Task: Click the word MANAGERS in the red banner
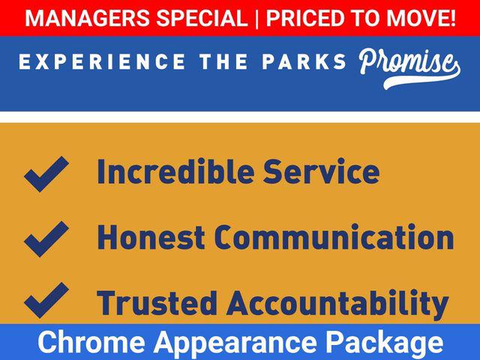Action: tap(88, 18)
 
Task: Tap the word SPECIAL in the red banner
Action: tap(202, 18)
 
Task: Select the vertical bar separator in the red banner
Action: tap(256, 18)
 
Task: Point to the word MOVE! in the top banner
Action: tap(421, 18)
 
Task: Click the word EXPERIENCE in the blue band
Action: tap(102, 61)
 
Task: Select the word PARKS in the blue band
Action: tap(304, 61)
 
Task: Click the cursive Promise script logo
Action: tap(409, 68)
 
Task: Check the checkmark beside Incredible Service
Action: tap(46, 174)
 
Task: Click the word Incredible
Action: tap(175, 172)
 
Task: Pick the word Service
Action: tap(322, 172)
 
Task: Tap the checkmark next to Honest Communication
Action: tap(46, 239)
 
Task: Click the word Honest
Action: tap(151, 237)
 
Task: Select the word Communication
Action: tap(334, 237)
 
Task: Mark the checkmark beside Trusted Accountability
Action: tap(46, 300)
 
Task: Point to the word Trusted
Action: tap(157, 303)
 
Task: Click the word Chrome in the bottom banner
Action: tap(91, 342)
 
